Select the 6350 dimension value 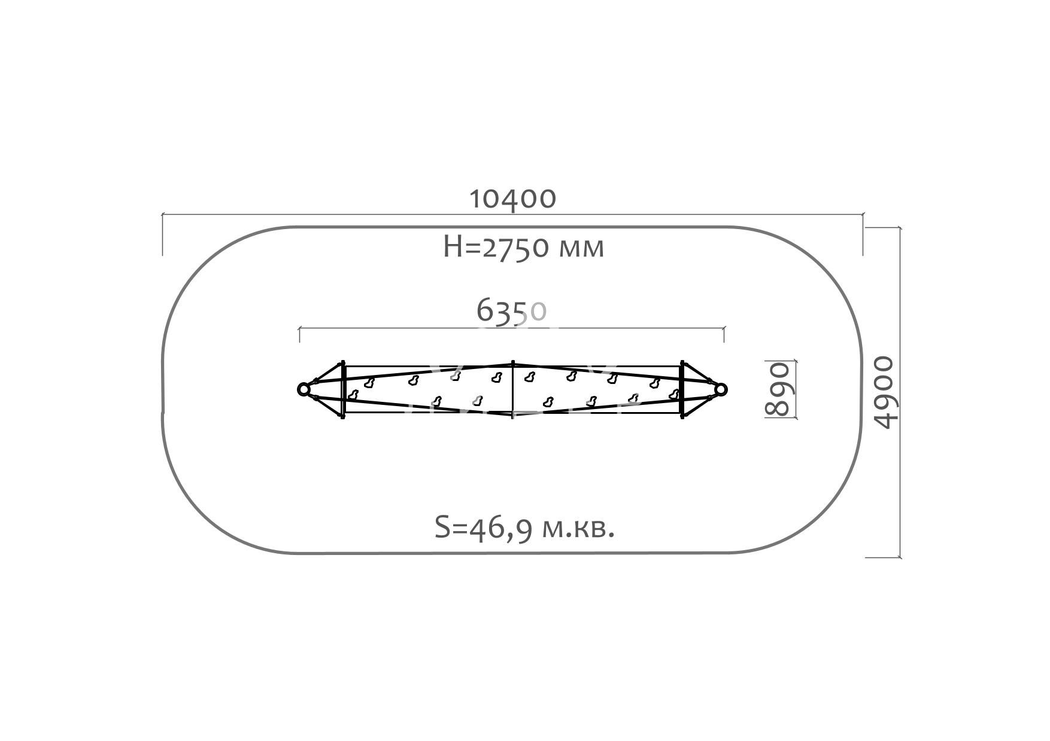[x=512, y=310]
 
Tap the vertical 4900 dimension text [x=884, y=392]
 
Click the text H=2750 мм [x=524, y=246]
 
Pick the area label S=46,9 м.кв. [x=524, y=528]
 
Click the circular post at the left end [x=304, y=389]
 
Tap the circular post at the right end [x=721, y=389]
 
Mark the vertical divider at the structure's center [x=512, y=389]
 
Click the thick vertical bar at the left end [x=342, y=389]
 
